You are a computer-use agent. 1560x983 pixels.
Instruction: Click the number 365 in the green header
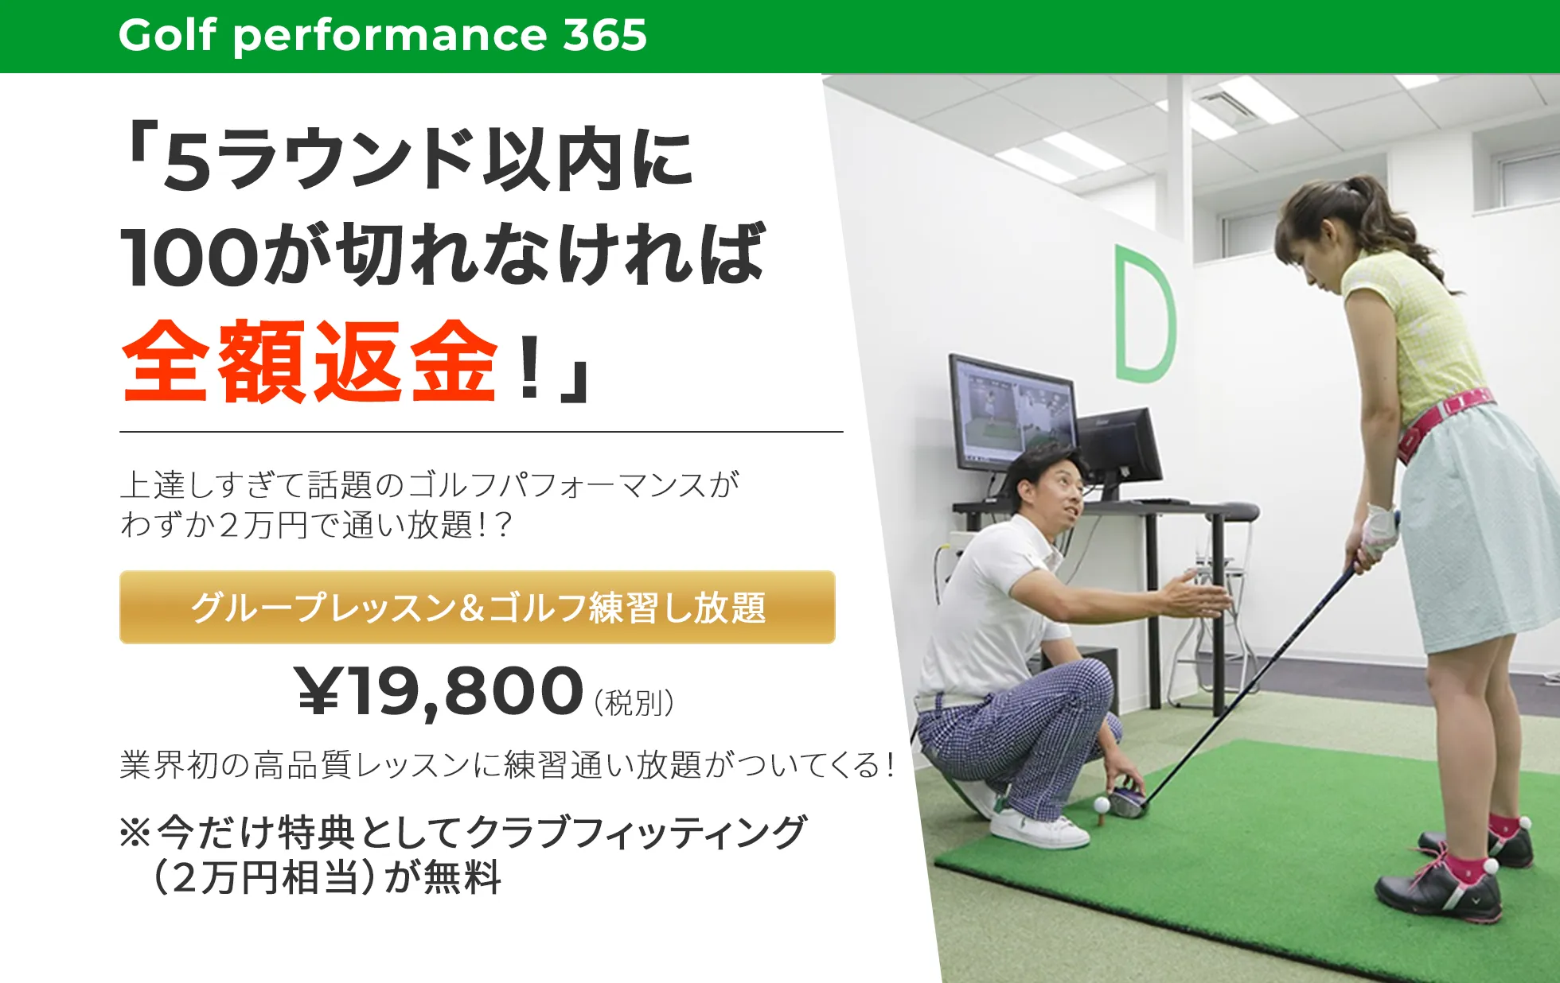(605, 35)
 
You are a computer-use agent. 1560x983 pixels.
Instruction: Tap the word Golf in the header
(167, 35)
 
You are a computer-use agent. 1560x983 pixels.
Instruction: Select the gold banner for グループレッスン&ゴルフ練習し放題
(478, 607)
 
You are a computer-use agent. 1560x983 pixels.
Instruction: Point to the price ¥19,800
(440, 692)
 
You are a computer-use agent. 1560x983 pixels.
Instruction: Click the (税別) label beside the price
(634, 702)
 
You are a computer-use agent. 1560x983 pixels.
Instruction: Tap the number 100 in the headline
(189, 257)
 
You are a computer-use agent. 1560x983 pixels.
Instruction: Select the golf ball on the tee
(1102, 804)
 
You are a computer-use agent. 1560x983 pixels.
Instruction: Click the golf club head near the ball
(1129, 801)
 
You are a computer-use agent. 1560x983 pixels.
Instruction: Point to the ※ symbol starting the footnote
(135, 832)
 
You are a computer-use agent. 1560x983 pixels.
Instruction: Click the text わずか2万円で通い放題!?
(316, 525)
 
